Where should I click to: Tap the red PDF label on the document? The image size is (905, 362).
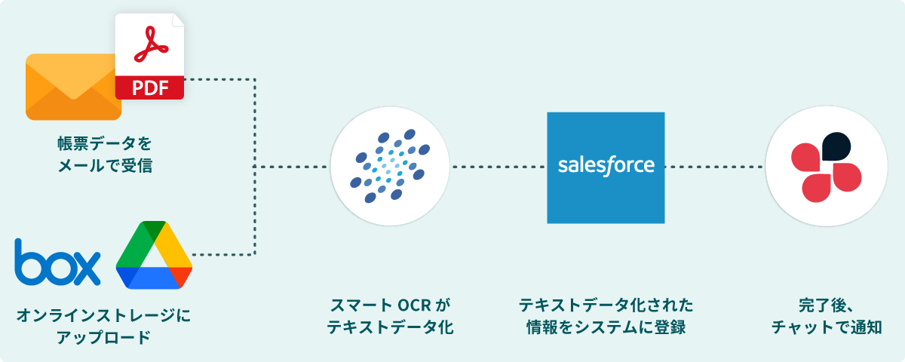pos(149,87)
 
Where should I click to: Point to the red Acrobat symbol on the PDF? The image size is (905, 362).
pos(150,45)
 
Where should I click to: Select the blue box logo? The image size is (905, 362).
pos(57,262)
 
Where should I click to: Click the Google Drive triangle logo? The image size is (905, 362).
pos(154,256)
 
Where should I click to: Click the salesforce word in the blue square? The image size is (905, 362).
pos(606,166)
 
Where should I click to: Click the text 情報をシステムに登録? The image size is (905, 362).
pos(606,328)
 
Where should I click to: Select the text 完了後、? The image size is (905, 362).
pos(825,306)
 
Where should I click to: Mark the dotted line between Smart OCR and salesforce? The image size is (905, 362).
pos(498,166)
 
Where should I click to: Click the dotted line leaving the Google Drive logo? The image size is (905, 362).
pos(222,255)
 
